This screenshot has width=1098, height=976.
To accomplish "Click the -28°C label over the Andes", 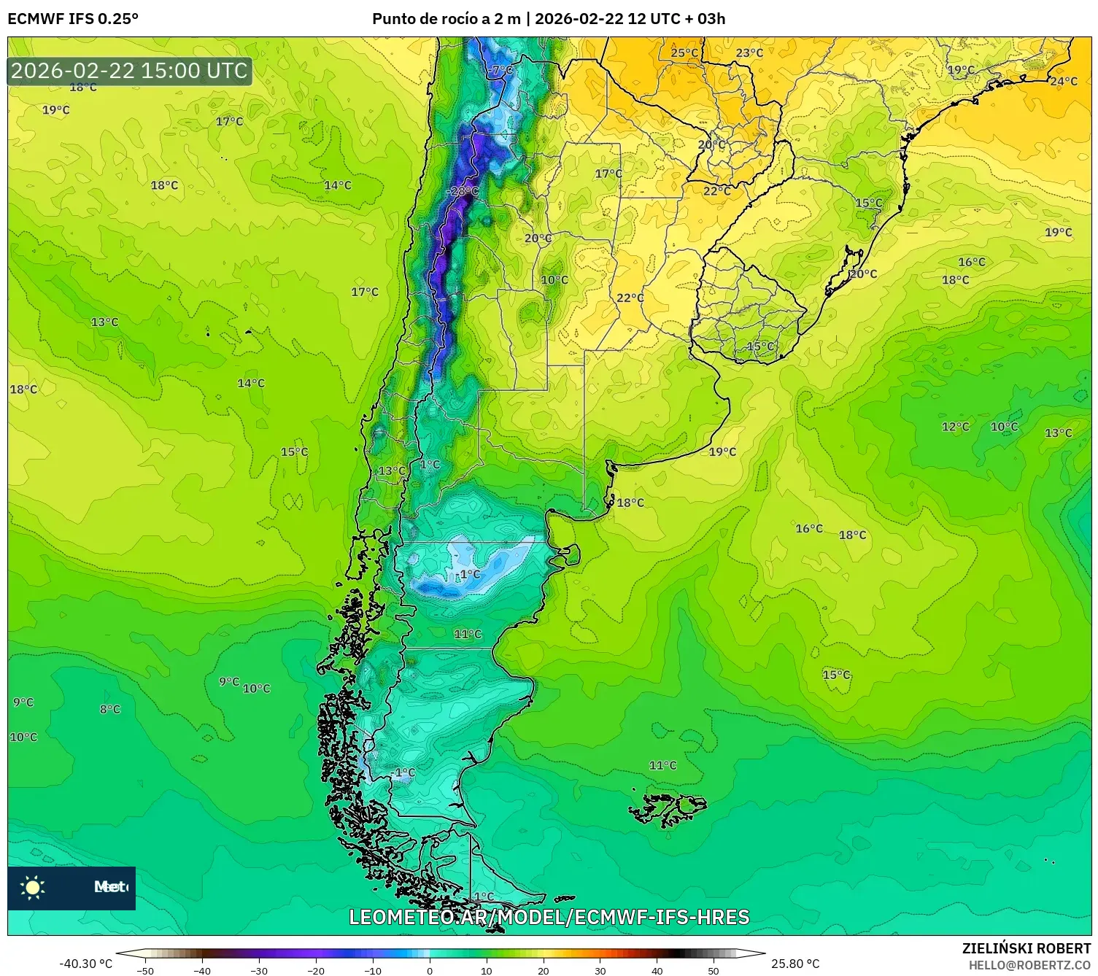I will [x=463, y=192].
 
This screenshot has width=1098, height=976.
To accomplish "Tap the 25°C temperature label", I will [x=684, y=53].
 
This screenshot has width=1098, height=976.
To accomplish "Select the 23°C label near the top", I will [x=749, y=53].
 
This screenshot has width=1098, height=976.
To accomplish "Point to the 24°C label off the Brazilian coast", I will [x=1063, y=81].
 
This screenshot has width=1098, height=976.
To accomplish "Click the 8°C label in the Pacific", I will [x=110, y=709].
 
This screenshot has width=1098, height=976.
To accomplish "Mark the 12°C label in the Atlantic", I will [x=955, y=427].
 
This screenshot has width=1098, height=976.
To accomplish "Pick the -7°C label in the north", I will [x=501, y=70].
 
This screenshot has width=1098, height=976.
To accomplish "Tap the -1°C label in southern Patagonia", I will [x=403, y=772].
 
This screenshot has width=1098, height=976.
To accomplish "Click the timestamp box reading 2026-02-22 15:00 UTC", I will [x=130, y=71].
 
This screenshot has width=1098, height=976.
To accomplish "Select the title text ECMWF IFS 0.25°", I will [x=73, y=19].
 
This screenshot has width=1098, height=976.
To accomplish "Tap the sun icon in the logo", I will [x=33, y=888].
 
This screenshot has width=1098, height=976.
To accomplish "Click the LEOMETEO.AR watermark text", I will [x=549, y=917].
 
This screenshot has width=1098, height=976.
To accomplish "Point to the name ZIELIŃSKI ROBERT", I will [x=1026, y=948].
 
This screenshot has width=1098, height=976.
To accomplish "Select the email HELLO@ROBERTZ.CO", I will [x=1029, y=965].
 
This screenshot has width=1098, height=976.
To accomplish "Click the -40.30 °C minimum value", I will [x=86, y=964].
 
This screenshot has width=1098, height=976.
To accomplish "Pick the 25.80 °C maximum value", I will [x=795, y=964].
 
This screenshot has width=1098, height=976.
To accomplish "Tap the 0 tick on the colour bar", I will [x=429, y=970].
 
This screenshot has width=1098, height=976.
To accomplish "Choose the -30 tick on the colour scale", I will [x=259, y=970].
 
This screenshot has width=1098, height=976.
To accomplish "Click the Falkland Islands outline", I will [x=668, y=808].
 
